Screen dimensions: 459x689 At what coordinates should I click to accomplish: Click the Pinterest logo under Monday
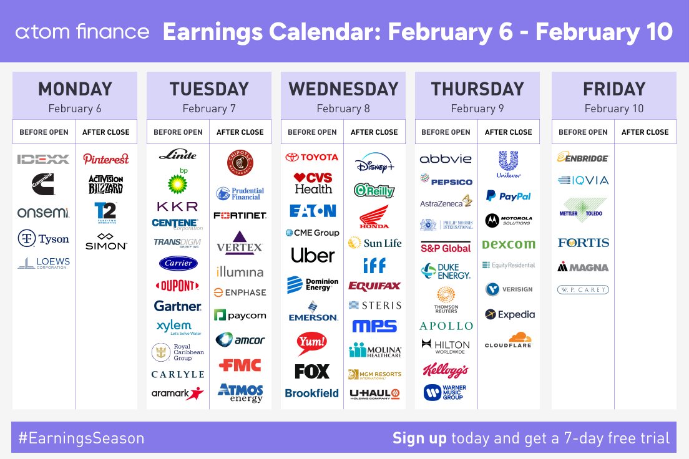click(106, 158)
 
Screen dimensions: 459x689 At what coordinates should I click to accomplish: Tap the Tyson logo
click(44, 238)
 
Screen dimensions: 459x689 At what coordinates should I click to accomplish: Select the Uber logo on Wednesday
click(312, 255)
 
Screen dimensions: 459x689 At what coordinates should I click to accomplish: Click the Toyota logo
click(312, 157)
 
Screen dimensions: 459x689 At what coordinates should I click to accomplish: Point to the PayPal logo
click(508, 196)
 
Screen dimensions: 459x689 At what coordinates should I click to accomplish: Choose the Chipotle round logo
click(240, 163)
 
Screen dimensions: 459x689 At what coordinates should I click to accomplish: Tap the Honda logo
click(374, 216)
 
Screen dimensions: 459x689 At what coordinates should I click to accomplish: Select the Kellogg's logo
click(446, 370)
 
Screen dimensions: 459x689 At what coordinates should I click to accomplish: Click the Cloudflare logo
click(508, 341)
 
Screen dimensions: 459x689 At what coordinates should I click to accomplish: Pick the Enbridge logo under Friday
click(582, 158)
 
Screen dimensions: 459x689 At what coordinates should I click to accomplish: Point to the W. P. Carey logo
click(582, 289)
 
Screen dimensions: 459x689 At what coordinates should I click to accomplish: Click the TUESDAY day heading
click(209, 89)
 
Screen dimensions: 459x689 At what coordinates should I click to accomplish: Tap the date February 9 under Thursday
click(477, 109)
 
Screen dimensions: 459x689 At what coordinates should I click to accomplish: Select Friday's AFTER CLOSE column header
click(645, 132)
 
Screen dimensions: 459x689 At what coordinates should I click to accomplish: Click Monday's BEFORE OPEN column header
click(44, 132)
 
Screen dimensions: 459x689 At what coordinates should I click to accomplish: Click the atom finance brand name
click(82, 32)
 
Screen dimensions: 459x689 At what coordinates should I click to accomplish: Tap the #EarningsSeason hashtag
click(81, 438)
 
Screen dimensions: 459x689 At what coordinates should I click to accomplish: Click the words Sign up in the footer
click(419, 438)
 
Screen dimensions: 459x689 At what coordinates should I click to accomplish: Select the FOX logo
click(312, 372)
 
